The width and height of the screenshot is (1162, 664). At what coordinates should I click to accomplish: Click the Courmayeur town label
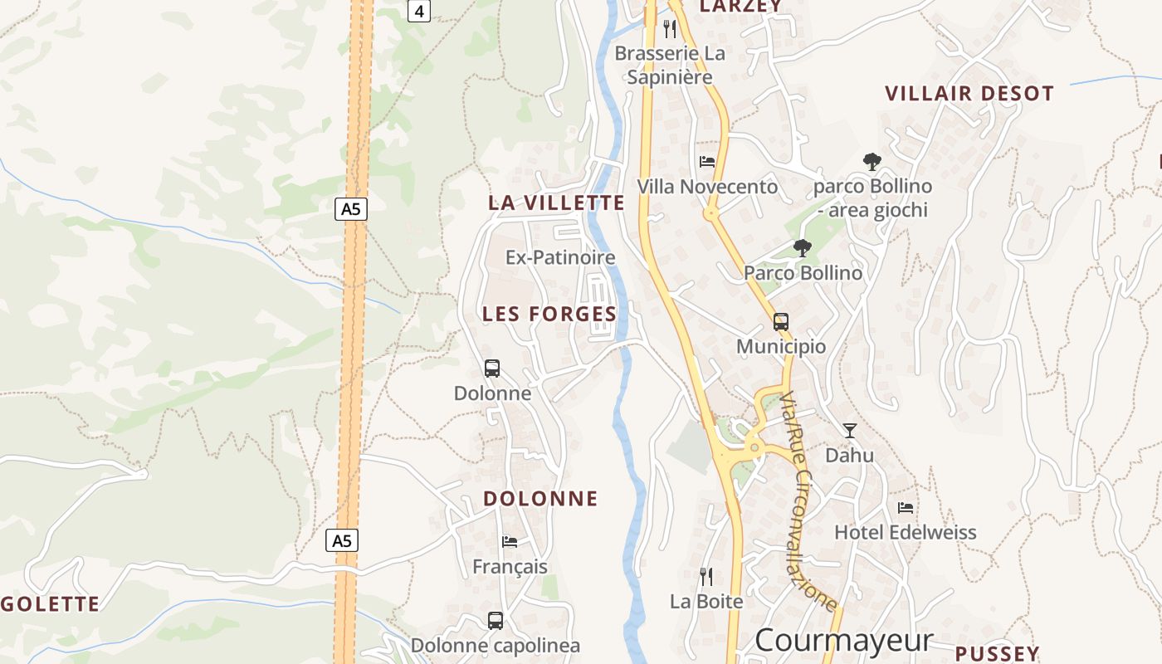pos(844,640)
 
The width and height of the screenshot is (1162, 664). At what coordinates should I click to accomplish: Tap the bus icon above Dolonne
pos(492,368)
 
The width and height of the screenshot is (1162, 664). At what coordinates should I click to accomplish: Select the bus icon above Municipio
pos(781,321)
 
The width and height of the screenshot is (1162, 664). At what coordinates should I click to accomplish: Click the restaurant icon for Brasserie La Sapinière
pos(670,29)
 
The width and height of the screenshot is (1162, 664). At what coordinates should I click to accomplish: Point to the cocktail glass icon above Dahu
pos(850,430)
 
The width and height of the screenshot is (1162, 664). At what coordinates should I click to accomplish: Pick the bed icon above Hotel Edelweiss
pos(906,507)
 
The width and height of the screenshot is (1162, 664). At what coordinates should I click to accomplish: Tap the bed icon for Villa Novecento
pos(707,161)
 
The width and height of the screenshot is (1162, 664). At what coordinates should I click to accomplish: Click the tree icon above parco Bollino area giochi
pos(871,161)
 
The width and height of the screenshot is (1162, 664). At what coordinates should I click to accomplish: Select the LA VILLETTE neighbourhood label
pos(556,203)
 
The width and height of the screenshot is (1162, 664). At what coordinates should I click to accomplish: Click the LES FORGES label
pos(549,314)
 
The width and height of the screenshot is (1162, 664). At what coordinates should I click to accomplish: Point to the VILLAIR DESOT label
pos(969,93)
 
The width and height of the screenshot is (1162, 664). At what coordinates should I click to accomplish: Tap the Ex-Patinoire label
pos(560,257)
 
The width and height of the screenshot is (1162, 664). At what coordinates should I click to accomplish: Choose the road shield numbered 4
pos(419,11)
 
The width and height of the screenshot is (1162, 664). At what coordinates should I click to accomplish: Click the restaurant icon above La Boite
pos(706,576)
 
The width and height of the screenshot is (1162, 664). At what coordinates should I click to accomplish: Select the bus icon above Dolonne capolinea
pos(496,620)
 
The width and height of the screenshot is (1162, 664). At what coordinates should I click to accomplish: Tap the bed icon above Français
pos(510,542)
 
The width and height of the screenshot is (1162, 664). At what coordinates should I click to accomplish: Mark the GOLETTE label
pos(51,604)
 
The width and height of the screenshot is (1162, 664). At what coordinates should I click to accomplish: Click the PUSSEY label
pos(997,653)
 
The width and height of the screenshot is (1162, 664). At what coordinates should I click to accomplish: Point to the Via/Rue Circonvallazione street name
pos(807,501)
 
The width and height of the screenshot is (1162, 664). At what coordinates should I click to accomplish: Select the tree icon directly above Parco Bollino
pos(802,247)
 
